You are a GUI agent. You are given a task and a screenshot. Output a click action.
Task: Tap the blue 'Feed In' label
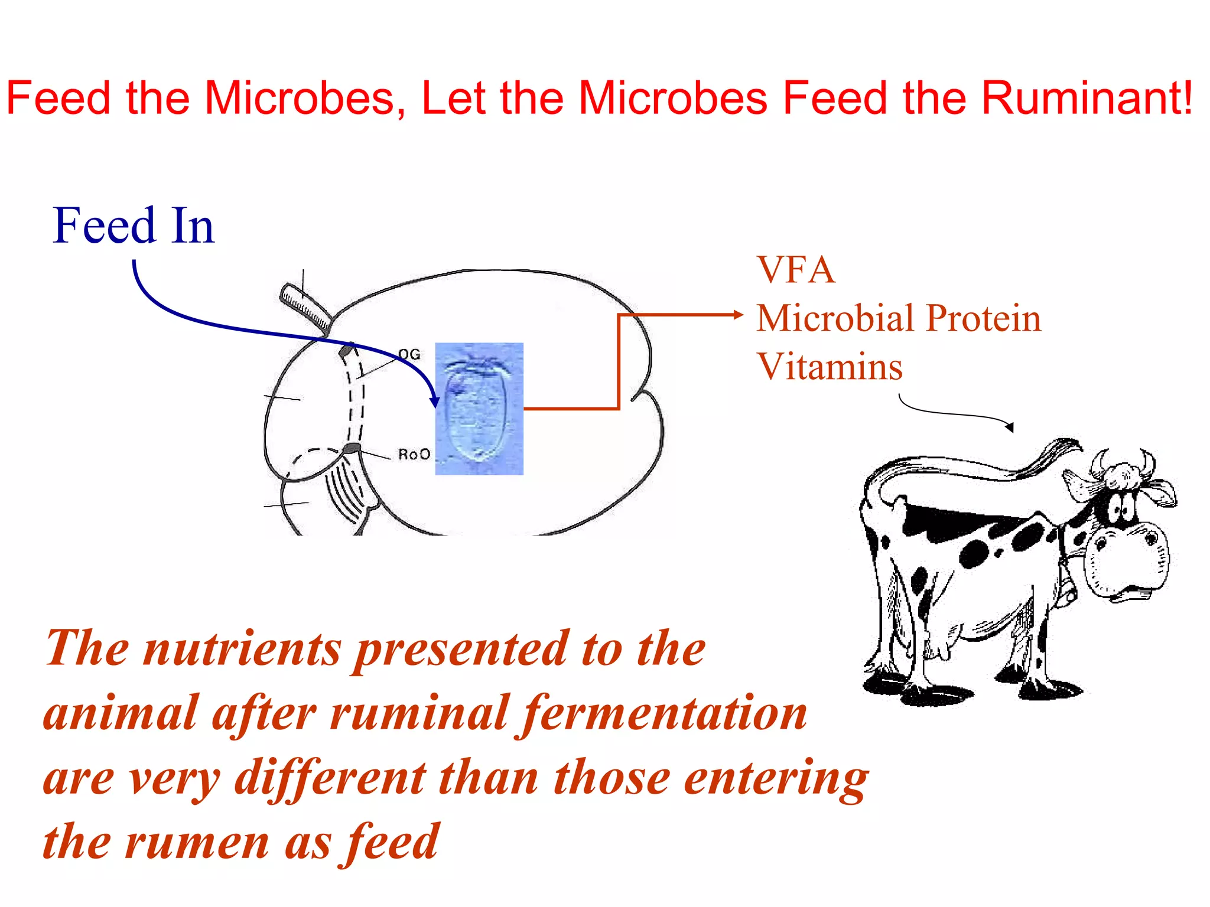pos(134,226)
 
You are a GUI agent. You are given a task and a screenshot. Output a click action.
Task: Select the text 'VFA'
pos(796,270)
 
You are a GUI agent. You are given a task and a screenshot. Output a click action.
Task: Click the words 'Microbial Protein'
pos(899,319)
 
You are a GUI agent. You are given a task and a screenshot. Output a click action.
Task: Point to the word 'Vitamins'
pos(830,367)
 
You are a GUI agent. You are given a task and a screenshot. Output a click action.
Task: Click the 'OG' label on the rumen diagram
pos(409,354)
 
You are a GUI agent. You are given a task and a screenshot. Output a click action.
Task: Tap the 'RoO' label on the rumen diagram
pos(414,454)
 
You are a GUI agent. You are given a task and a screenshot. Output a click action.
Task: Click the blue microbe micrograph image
pos(479,409)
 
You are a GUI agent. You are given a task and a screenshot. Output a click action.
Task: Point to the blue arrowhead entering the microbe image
pos(435,402)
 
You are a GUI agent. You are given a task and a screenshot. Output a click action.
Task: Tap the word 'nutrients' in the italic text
pos(242,649)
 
